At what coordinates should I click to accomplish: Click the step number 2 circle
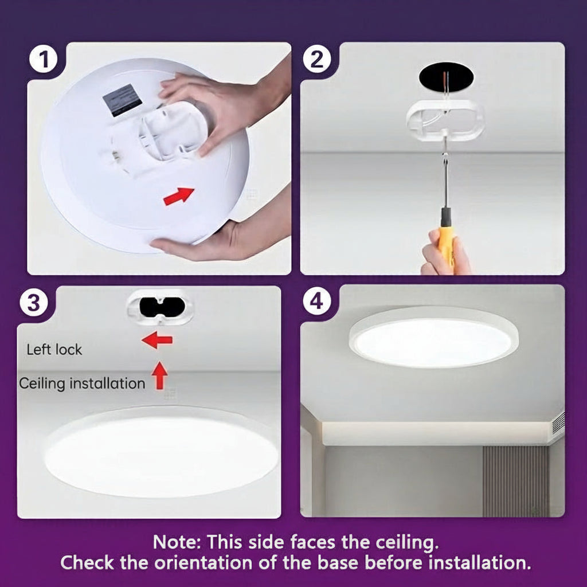pos(317,60)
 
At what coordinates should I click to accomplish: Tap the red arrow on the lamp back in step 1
pos(178,195)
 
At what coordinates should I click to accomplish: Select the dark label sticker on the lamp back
pos(122,100)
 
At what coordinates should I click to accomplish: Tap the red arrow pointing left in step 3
pos(157,341)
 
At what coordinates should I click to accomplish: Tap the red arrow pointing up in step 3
pos(160,375)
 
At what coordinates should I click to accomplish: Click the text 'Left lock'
pos(54,350)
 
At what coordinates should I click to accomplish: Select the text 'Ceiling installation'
pos(82,383)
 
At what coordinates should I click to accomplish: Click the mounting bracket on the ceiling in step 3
pos(159,307)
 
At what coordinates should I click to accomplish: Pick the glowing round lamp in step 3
pos(161,453)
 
